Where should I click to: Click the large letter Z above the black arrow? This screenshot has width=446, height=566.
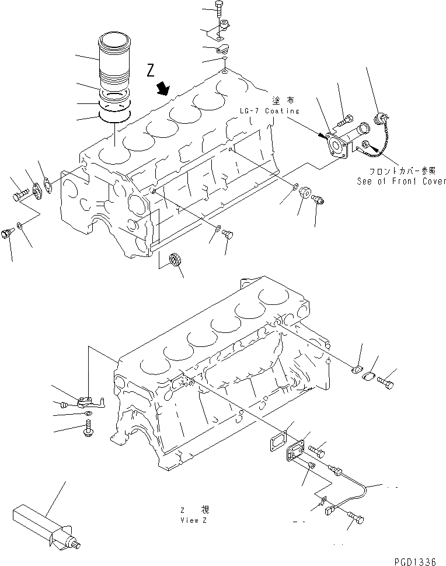(151, 72)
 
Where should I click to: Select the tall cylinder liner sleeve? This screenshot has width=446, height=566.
(117, 58)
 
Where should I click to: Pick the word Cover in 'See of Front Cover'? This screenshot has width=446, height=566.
(433, 181)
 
